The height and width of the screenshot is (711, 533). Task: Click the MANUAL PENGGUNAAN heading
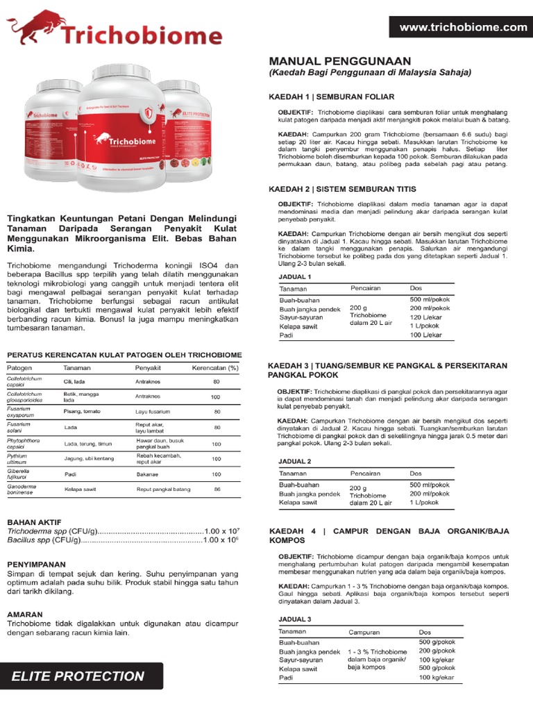[x=339, y=61]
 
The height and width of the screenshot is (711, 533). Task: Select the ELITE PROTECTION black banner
[x=82, y=676]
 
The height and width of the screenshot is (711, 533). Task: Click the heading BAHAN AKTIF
[x=34, y=521]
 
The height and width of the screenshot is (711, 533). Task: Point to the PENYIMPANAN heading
[x=36, y=564]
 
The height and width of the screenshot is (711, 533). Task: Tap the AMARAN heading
[x=25, y=614]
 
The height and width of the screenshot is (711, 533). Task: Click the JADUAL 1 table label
[x=295, y=277]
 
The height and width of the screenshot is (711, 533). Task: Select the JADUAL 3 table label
[x=295, y=619]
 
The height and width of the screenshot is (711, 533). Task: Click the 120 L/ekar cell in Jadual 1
[x=425, y=317]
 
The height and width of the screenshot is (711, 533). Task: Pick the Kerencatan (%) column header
[x=215, y=367]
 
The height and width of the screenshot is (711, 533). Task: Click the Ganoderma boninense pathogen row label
[x=26, y=490]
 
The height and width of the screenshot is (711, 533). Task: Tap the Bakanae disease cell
[x=147, y=474]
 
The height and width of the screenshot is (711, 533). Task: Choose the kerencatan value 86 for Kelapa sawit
[x=217, y=490]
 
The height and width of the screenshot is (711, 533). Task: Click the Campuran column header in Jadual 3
[x=364, y=633]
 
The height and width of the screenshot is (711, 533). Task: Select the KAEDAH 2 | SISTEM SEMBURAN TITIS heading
[x=342, y=189]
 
